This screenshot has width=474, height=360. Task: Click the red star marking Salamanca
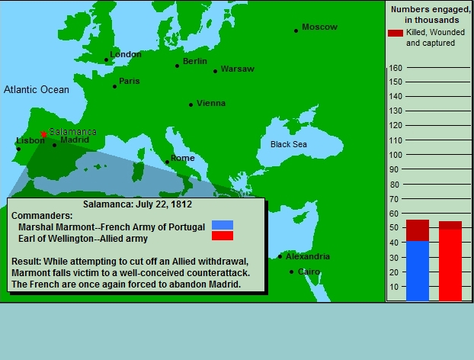point(44,134)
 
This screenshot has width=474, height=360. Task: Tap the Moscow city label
point(319,27)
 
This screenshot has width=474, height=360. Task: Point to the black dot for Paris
point(114,86)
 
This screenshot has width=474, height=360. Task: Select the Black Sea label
point(289,144)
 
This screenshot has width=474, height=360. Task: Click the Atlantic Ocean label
point(37,89)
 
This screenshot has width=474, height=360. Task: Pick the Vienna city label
point(211,103)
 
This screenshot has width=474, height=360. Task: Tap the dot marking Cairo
point(291,272)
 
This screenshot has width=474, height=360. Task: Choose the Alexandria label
point(308,256)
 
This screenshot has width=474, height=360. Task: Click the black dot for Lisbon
point(18,149)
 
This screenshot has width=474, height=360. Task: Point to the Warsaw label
point(238,69)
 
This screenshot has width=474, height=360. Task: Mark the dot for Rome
point(167,162)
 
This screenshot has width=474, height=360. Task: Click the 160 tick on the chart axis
point(396,68)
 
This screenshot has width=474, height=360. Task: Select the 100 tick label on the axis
point(396,155)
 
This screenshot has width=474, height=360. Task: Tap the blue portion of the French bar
point(418,271)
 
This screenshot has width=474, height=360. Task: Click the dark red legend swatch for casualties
point(396,33)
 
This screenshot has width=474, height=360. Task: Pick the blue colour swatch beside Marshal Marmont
point(223,225)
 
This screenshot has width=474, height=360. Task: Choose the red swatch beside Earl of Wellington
point(223,236)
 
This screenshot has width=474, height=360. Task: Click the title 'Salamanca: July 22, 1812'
point(137,204)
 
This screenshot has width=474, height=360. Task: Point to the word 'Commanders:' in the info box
point(42,216)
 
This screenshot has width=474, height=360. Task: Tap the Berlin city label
point(195,61)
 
